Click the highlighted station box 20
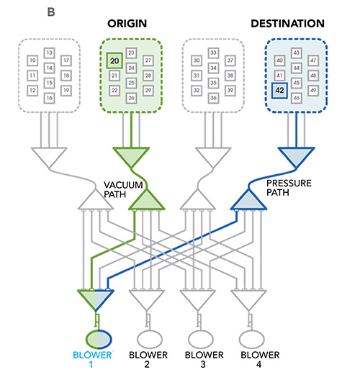pos(114,60)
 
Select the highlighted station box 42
pos(279,91)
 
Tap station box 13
pos(50,53)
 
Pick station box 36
pos(213,98)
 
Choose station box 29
pos(148,91)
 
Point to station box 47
pos(313,60)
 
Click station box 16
pos(50,98)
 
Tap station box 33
pos(213,53)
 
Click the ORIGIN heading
pos(127,24)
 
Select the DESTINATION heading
pos(287,24)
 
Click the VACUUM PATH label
pos(123,189)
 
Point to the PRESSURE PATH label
pos(289,188)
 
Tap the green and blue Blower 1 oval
pos(99,340)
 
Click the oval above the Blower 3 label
pos(200,340)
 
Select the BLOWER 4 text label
pos(260,360)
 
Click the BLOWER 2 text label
pos(148,360)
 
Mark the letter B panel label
pos(51,12)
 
